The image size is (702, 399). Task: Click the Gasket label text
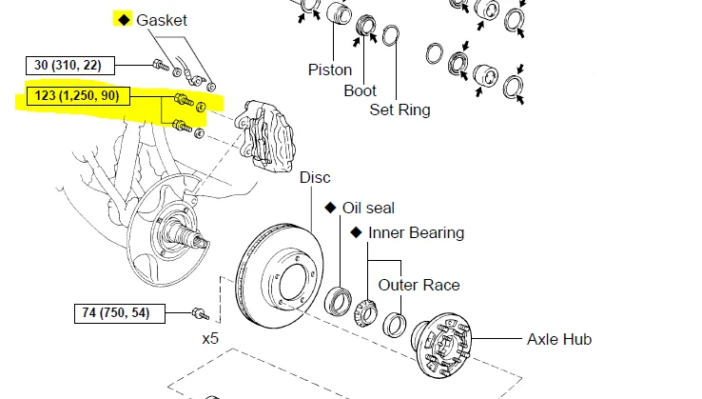(x=162, y=19)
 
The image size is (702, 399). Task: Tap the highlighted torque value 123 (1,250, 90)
(x=69, y=96)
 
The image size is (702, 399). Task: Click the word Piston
(x=330, y=70)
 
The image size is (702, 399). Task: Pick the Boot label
(x=361, y=91)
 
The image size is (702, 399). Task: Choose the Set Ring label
(x=400, y=110)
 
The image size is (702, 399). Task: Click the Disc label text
(x=315, y=177)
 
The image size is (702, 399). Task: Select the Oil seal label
(x=368, y=208)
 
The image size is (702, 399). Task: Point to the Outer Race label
(x=419, y=285)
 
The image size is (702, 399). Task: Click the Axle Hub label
(x=559, y=338)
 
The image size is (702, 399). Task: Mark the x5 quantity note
(x=210, y=337)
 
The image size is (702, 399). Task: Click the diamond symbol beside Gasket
(x=122, y=19)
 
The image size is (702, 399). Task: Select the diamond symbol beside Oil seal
(x=330, y=208)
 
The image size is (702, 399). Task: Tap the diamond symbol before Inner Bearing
(x=356, y=232)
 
